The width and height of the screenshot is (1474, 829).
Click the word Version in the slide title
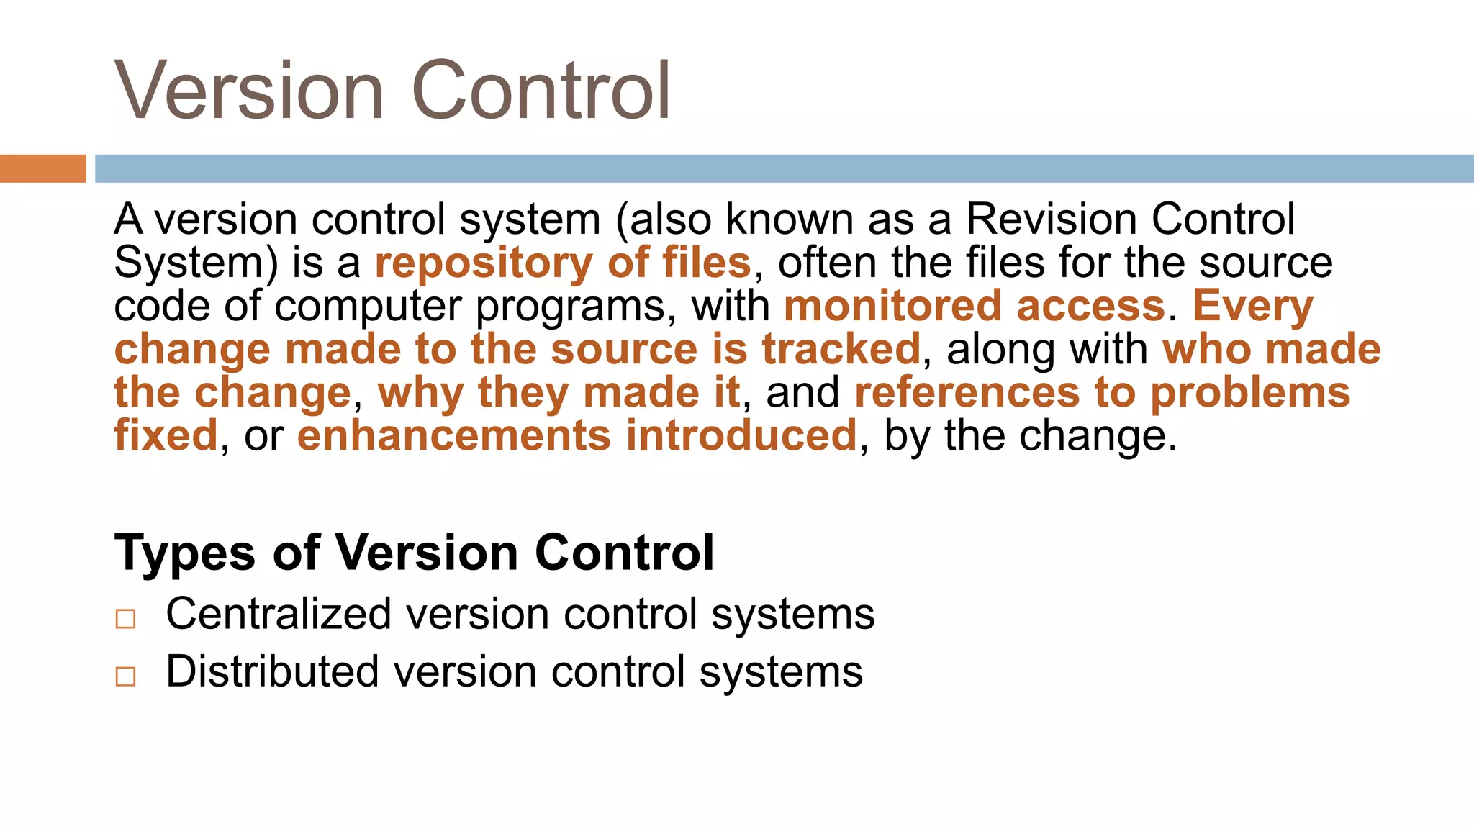coord(249,91)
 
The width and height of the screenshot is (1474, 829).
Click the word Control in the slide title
coord(541,91)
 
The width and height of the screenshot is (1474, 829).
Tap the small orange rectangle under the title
coord(42,168)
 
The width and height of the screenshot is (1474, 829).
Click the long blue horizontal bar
coord(784,168)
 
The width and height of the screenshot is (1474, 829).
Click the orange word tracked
coord(841,349)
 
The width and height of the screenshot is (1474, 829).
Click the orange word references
coord(967,393)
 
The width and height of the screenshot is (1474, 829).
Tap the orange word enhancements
coord(454,436)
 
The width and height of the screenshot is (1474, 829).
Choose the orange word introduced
coord(741,436)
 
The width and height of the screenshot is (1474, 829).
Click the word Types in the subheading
coord(185,553)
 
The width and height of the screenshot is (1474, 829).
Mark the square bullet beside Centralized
coord(125,618)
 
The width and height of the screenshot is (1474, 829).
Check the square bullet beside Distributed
coord(125,676)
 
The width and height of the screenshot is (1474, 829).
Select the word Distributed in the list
coord(272,671)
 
